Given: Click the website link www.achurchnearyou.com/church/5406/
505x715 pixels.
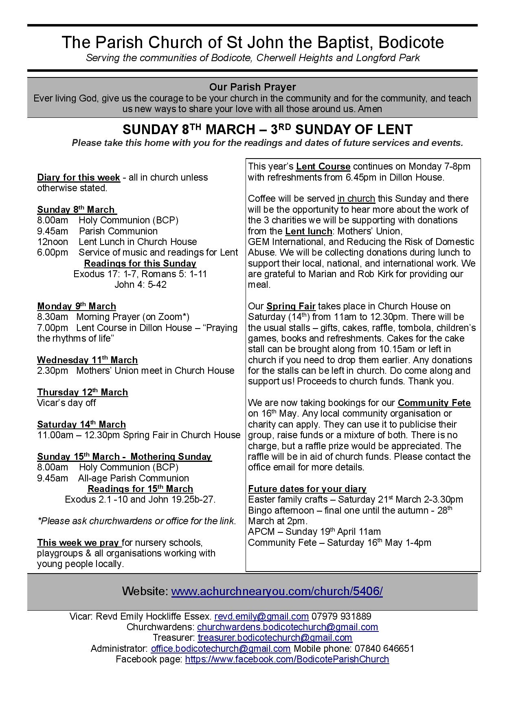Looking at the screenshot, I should click(277, 591).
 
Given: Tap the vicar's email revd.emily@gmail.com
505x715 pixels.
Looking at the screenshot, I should click(261, 616).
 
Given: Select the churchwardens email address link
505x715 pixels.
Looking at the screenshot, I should click(288, 627).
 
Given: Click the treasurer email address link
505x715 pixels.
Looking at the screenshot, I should click(275, 638).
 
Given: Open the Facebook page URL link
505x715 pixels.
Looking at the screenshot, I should click(287, 659).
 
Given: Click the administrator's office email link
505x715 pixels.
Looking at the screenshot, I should click(220, 649).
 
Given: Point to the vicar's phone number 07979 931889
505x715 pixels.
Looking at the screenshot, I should click(341, 616).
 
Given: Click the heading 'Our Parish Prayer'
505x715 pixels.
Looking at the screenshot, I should click(253, 87).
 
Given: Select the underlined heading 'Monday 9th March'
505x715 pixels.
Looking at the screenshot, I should click(77, 306).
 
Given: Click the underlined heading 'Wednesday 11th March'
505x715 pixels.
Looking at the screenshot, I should click(87, 360).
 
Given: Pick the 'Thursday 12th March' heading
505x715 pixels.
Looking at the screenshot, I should click(82, 392).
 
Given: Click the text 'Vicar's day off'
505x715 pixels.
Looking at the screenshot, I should click(66, 403).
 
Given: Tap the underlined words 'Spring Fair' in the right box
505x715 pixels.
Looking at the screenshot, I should click(291, 306).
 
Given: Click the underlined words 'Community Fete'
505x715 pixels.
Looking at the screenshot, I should click(434, 403).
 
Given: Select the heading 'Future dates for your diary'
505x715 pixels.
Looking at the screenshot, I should click(307, 489).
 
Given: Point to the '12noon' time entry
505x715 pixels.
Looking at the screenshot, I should click(53, 242).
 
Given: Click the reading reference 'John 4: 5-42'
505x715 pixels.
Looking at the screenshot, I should click(141, 285).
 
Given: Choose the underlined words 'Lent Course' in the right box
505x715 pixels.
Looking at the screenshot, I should click(323, 167).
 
